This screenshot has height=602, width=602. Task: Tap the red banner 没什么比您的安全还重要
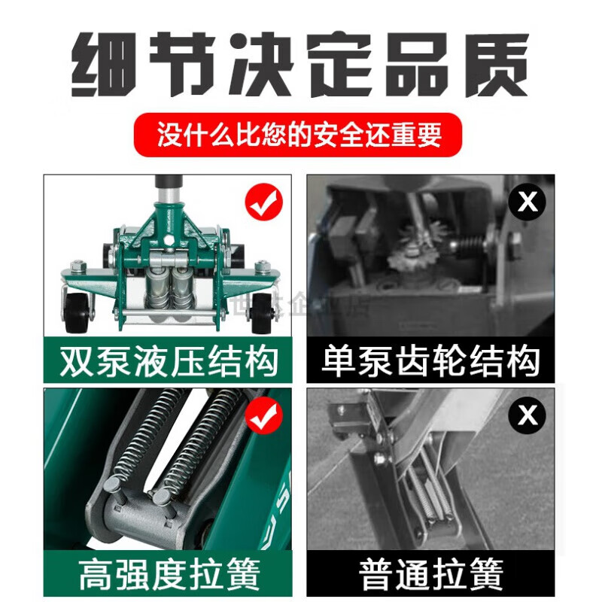click(x=298, y=135)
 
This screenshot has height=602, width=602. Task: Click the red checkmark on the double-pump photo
click(x=264, y=201)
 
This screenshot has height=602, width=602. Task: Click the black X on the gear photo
click(x=528, y=202)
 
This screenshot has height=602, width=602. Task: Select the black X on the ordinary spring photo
click(x=528, y=415)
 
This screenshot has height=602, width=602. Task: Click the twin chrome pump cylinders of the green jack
click(x=171, y=290)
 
